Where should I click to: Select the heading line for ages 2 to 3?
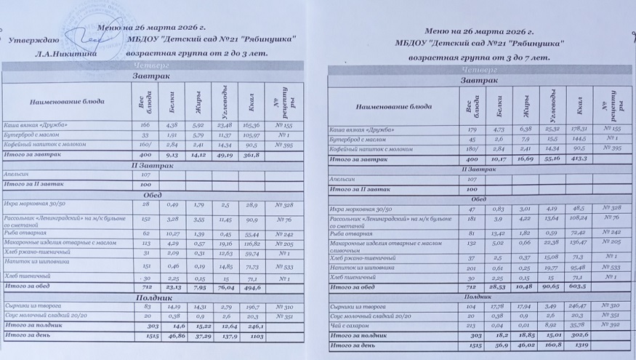click(197, 53)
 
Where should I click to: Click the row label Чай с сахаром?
click(347, 326)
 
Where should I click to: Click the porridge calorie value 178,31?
click(578, 129)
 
